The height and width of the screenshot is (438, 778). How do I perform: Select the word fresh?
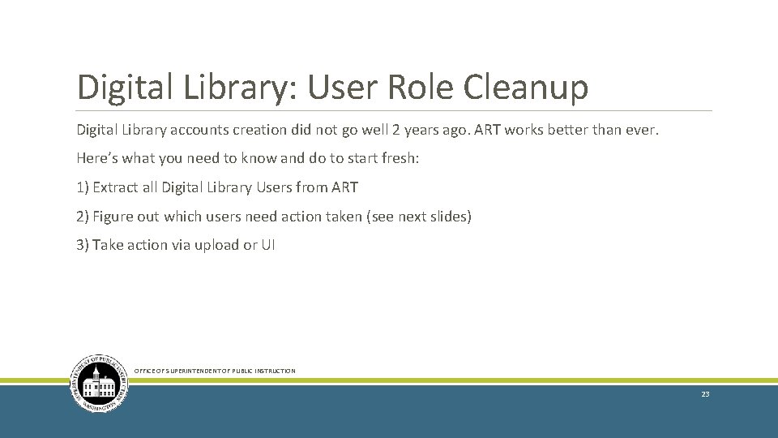click(x=398, y=158)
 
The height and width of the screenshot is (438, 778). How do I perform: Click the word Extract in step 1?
click(x=114, y=187)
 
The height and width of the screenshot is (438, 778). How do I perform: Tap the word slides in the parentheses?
click(x=448, y=217)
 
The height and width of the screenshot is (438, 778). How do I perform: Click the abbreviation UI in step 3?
click(x=267, y=245)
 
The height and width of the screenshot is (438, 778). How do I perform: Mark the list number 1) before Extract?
click(x=83, y=187)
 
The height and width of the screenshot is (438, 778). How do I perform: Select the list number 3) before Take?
click(x=83, y=245)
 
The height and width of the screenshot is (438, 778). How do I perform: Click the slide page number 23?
click(x=705, y=394)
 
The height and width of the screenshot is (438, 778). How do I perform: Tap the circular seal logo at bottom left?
click(x=99, y=384)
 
